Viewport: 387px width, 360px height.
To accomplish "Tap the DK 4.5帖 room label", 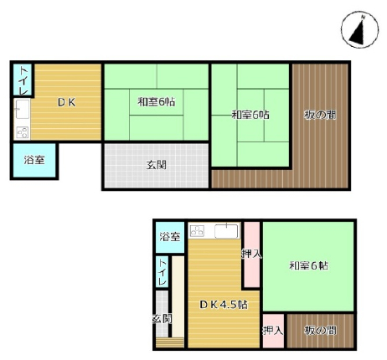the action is pyautogui.click(x=224, y=304).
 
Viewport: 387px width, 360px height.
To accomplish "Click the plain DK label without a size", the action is pyautogui.click(x=66, y=103).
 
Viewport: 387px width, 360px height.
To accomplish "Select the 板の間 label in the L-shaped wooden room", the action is pyautogui.click(x=320, y=115).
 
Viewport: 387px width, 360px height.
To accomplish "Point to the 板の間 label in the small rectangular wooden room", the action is pyautogui.click(x=320, y=331).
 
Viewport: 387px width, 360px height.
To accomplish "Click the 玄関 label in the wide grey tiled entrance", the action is pyautogui.click(x=157, y=165).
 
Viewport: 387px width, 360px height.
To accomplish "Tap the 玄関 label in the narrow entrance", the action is pyautogui.click(x=162, y=318).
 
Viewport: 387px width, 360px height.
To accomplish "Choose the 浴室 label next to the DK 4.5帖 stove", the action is pyautogui.click(x=170, y=237).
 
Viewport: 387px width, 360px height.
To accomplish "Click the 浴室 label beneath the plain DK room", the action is pyautogui.click(x=34, y=160).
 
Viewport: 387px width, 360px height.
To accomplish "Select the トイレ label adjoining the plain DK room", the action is pyautogui.click(x=23, y=80).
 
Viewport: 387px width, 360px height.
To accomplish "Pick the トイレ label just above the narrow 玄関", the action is pyautogui.click(x=163, y=272).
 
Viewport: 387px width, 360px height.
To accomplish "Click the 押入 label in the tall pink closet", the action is pyautogui.click(x=251, y=254).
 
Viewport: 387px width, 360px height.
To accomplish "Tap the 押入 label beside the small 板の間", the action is pyautogui.click(x=273, y=331).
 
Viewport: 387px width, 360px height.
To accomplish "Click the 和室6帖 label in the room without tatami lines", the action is pyautogui.click(x=308, y=265).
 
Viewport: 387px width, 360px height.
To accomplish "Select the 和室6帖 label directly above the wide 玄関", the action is pyautogui.click(x=156, y=102).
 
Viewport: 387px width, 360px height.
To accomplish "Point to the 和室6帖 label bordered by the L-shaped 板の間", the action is pyautogui.click(x=250, y=115).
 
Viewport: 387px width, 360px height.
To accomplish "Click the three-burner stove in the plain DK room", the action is pyautogui.click(x=23, y=132).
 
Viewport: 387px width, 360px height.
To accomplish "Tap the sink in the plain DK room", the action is pyautogui.click(x=22, y=109).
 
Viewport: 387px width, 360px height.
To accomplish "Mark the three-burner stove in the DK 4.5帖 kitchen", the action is pyautogui.click(x=197, y=231).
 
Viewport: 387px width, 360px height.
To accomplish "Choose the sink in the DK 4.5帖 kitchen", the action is pyautogui.click(x=227, y=231).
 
